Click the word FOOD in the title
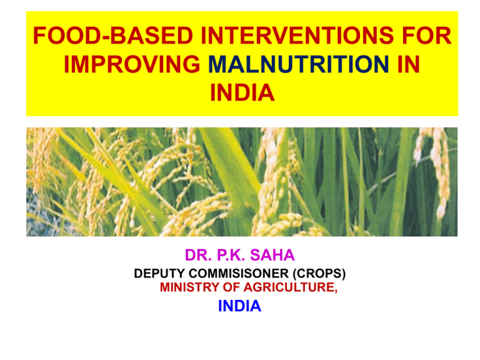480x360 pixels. pos(67,36)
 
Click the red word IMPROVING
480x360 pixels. pos(132,64)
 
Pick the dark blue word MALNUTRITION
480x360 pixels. pos(299,64)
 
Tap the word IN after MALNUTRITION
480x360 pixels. pos(408,64)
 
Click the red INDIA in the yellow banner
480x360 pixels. pos(242,92)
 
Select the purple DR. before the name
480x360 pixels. pos(198,255)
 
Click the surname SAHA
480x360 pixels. pos(272,255)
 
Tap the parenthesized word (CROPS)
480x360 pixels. pos(319,273)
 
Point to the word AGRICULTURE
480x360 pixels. pos(289,287)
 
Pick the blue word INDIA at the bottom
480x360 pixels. pos(239,306)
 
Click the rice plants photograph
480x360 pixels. pos(242,182)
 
